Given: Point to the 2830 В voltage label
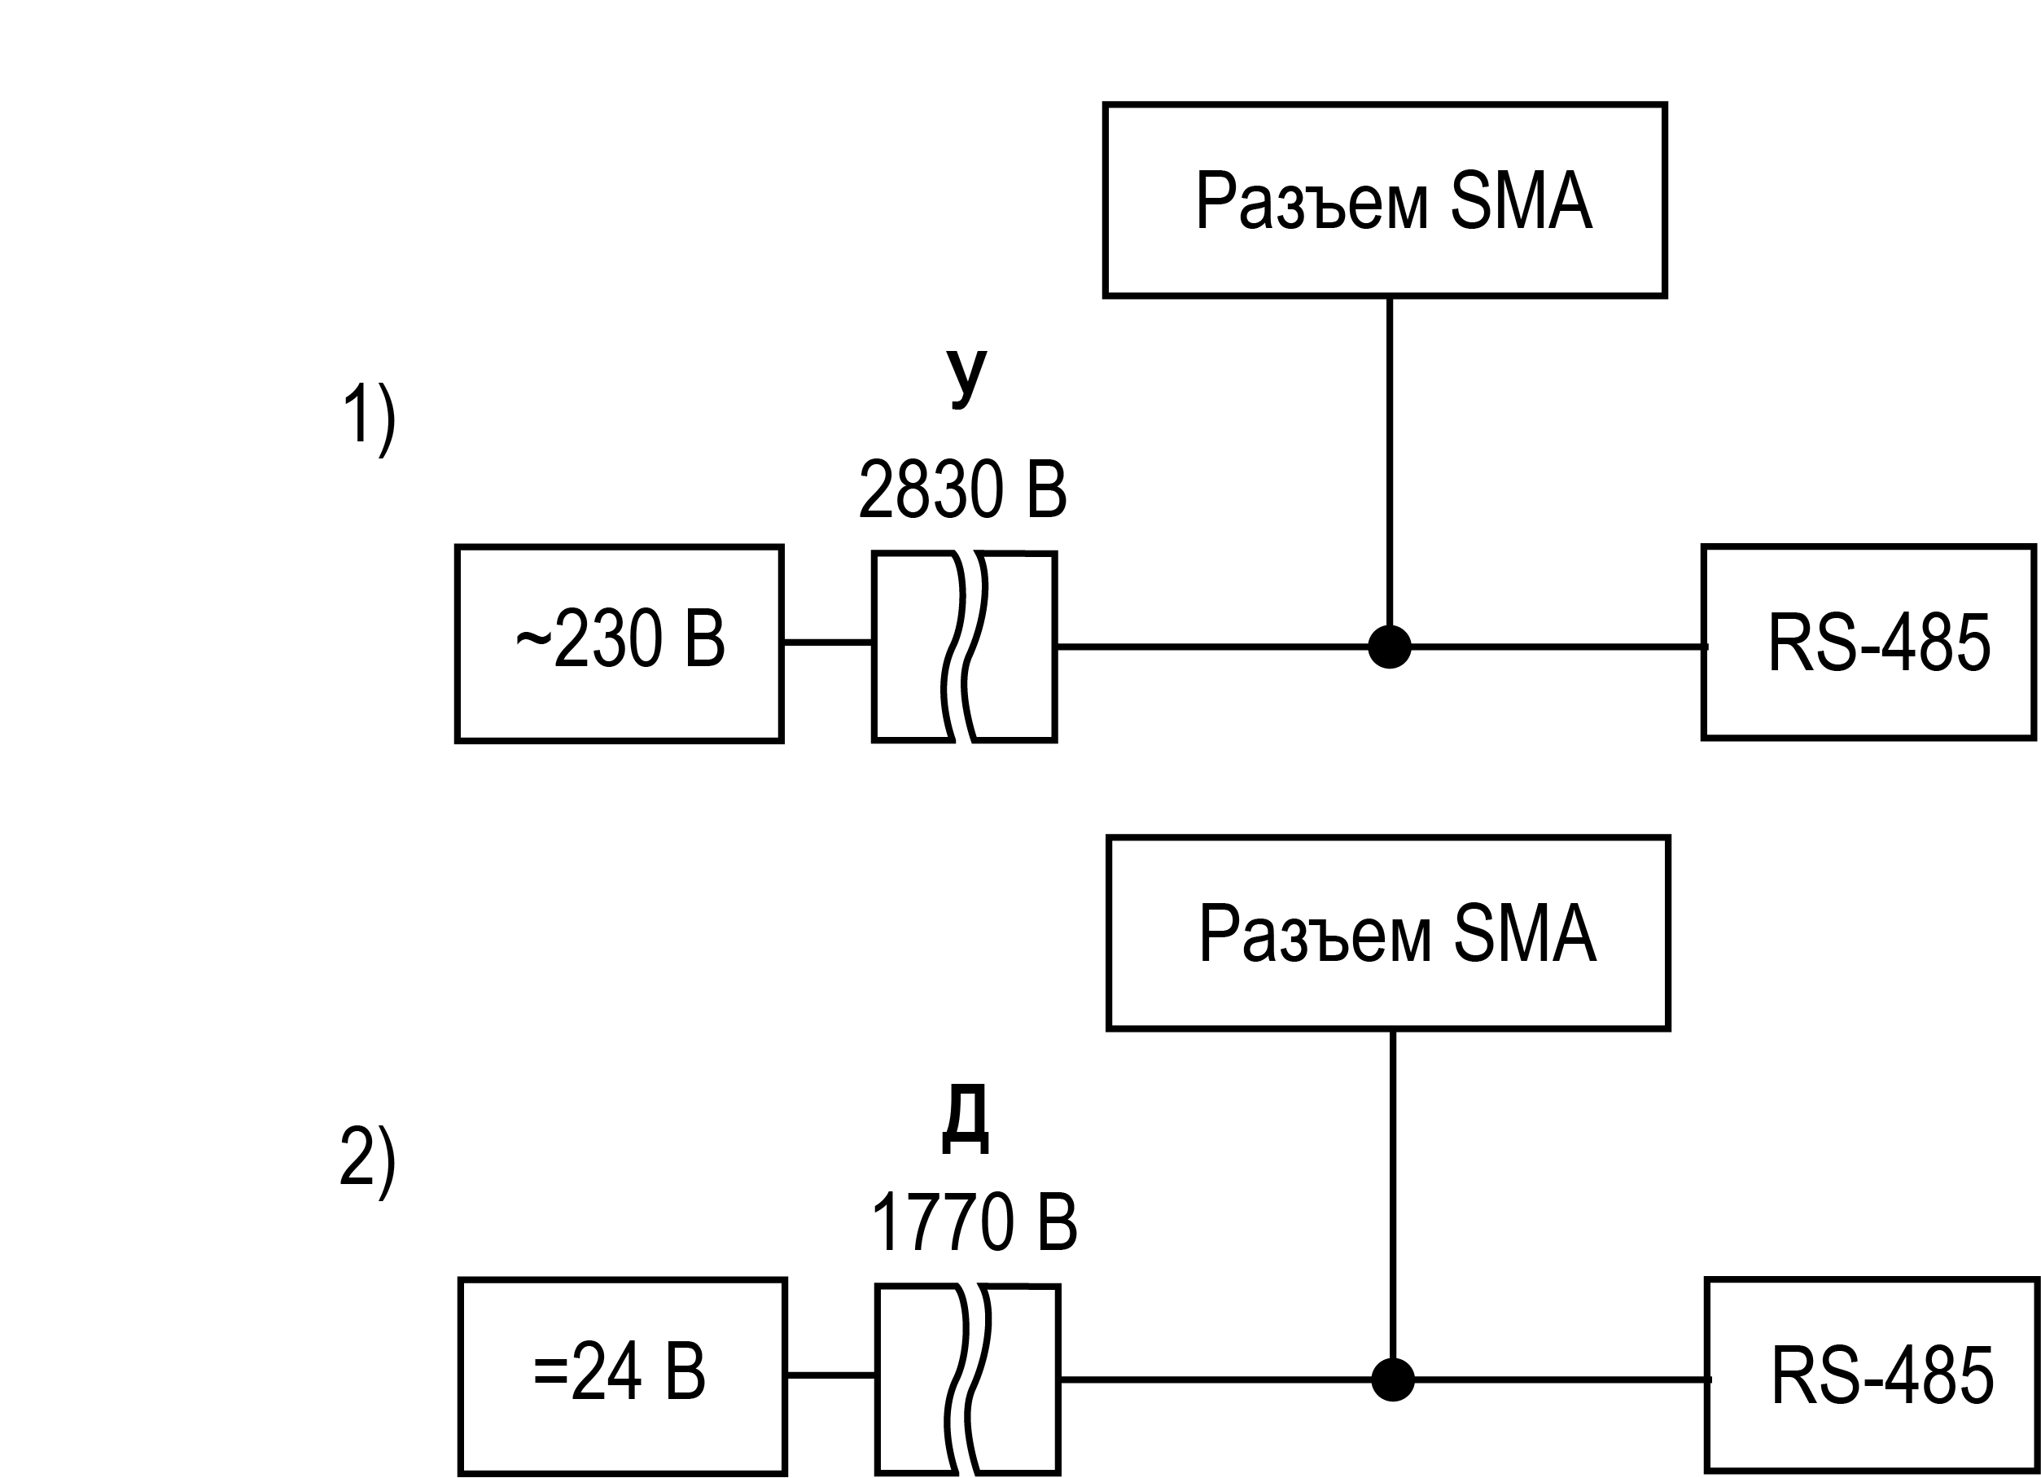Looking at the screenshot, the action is pos(963,489).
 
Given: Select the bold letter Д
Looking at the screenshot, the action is pos(966,1120).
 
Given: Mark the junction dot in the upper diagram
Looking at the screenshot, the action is pos(1390,647).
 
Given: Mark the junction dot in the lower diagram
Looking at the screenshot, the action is pos(1393,1379).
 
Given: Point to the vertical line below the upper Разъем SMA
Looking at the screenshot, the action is pos(1390,461).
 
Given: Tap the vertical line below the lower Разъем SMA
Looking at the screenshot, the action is pos(1393,1194).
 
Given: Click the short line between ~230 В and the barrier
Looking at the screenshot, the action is pos(828,642).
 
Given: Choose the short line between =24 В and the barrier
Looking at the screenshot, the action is pos(831,1375).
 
